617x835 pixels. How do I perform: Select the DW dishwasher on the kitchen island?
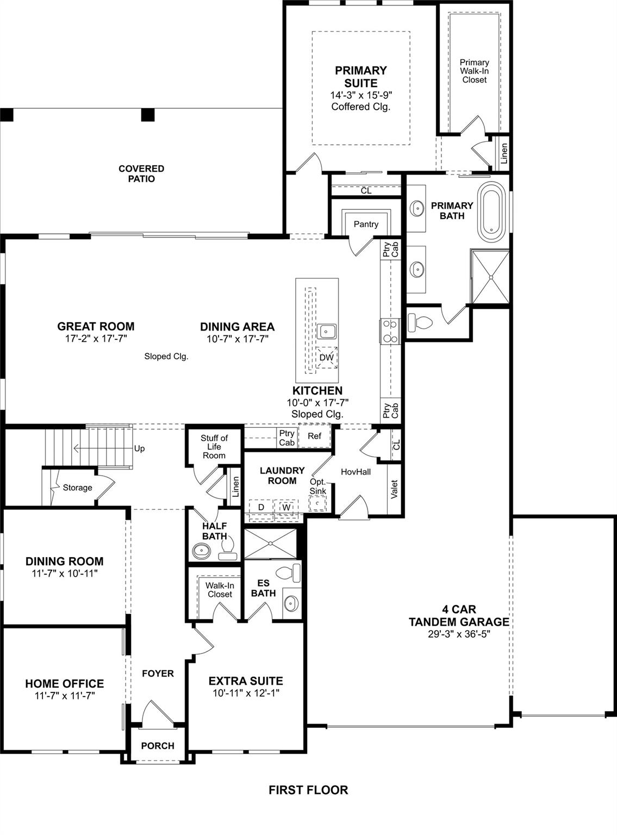click(327, 358)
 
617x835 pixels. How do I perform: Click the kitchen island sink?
click(327, 331)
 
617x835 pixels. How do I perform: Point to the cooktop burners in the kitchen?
click(390, 331)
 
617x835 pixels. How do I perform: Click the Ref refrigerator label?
click(314, 436)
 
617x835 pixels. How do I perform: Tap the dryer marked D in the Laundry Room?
click(261, 507)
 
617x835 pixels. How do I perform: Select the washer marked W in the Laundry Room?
click(286, 507)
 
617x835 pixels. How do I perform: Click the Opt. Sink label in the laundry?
click(318, 487)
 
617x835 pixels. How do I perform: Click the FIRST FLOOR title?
click(308, 790)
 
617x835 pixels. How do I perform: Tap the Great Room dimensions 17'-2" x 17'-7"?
click(96, 339)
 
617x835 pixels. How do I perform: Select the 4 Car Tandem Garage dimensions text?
click(459, 634)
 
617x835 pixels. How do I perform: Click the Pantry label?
click(366, 224)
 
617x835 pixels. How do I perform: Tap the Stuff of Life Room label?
click(214, 447)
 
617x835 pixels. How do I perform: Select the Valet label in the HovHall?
click(395, 489)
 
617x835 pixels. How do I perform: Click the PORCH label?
click(158, 746)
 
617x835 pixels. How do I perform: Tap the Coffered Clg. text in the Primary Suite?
click(361, 107)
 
